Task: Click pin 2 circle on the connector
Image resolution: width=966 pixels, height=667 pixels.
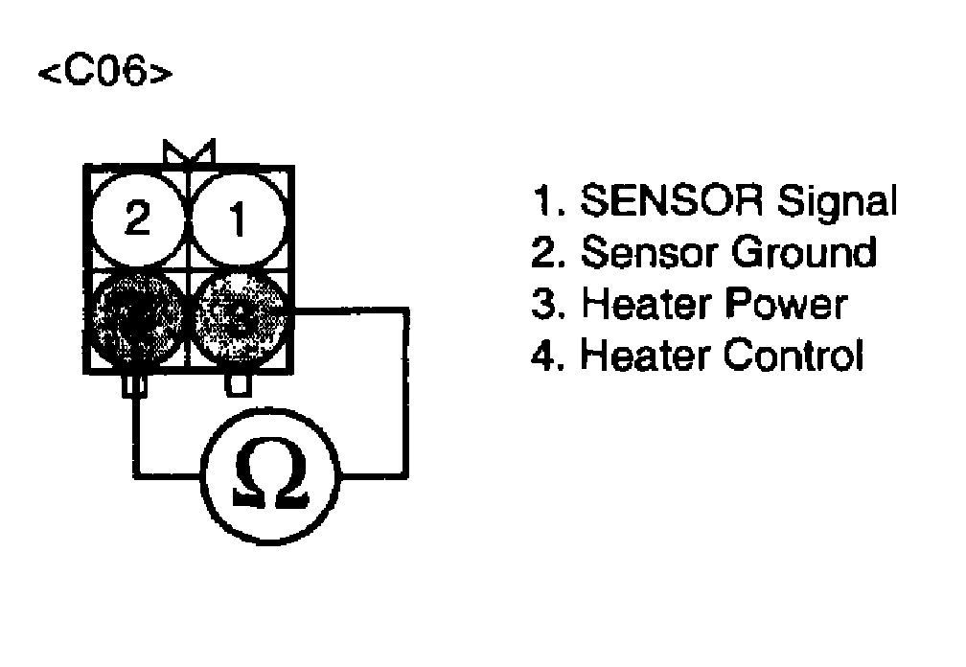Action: [138, 219]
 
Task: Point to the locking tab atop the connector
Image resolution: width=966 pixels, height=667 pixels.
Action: [189, 152]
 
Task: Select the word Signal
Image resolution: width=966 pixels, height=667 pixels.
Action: [837, 202]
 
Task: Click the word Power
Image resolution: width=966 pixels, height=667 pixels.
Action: [785, 304]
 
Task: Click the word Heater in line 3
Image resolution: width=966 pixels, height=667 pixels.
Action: [645, 304]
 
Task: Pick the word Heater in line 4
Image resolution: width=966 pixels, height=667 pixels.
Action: [645, 356]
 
